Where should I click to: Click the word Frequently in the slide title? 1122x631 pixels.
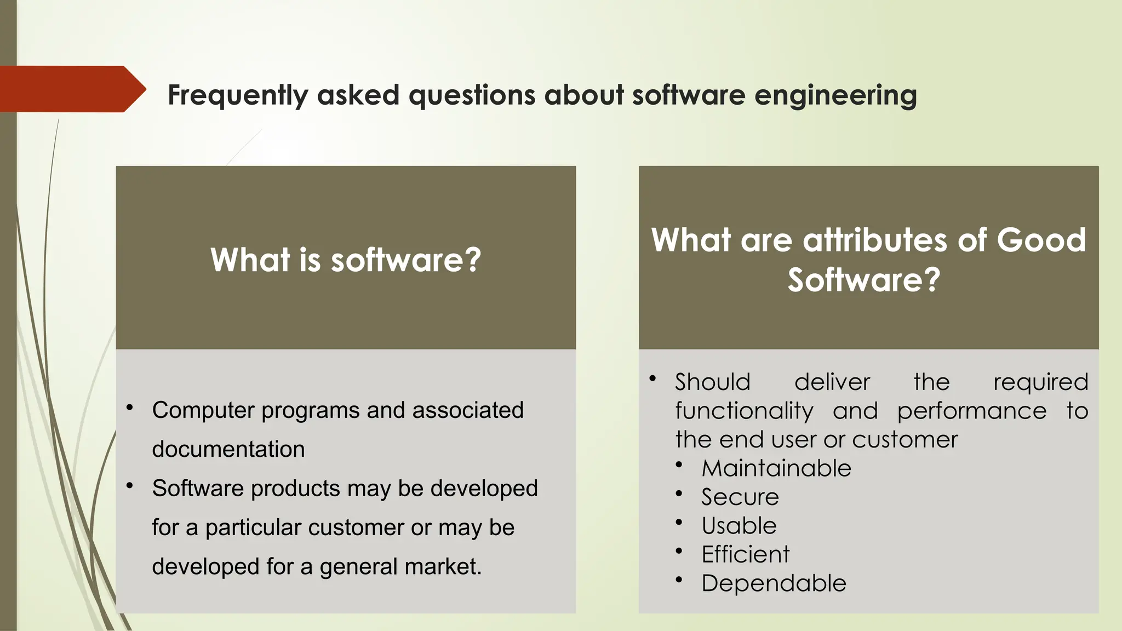[x=238, y=95]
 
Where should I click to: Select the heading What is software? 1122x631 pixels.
[x=346, y=260]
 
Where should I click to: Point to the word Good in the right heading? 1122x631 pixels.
[x=1040, y=240]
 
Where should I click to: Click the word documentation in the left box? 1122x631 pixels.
[x=228, y=449]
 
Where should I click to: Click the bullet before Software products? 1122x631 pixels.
[x=130, y=485]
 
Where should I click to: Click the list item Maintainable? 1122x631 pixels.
[x=776, y=468]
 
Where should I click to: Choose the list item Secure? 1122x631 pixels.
[x=740, y=497]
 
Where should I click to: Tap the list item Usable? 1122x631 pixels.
[x=739, y=526]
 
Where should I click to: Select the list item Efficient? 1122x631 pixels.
[x=745, y=554]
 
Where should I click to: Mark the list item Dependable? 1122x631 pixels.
[x=774, y=583]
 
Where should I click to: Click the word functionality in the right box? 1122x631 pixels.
[x=744, y=411]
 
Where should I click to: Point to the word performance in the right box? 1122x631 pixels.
[x=971, y=411]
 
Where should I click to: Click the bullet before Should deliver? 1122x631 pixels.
[x=652, y=378]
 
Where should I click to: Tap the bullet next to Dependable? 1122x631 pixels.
[x=679, y=580]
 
